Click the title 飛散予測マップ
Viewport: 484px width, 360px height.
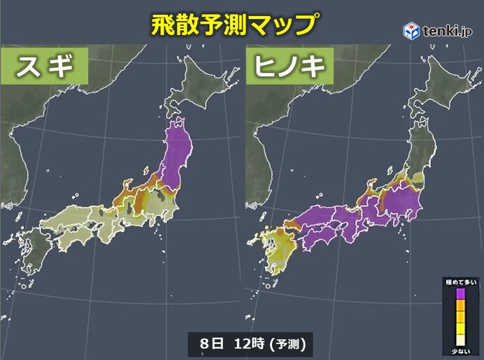(x=233, y=24)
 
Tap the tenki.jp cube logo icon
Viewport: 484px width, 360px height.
(x=411, y=30)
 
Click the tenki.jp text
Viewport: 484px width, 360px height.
(x=448, y=31)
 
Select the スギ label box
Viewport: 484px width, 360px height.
(x=45, y=69)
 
